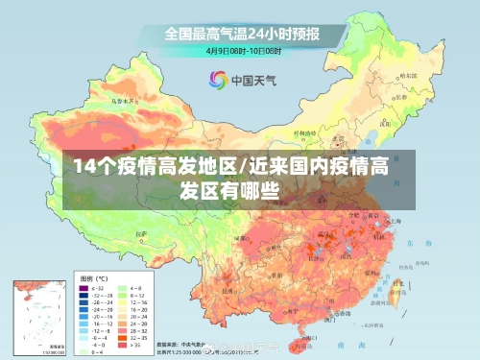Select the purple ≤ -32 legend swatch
pos(81,286)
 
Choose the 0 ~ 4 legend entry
pos(92,351)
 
